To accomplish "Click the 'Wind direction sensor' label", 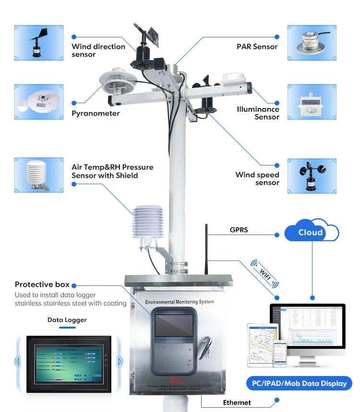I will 98,50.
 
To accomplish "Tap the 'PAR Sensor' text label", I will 257,47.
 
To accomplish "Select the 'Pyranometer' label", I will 96,113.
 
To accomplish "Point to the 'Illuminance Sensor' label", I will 258,113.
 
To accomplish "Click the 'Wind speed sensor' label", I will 257,178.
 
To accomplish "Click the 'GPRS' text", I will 239,230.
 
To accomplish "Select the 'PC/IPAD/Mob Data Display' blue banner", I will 300,383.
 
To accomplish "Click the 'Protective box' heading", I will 42,284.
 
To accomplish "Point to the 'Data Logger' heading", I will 67,320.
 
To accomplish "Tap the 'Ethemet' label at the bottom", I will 237,402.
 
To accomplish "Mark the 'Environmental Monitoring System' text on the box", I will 180,302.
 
